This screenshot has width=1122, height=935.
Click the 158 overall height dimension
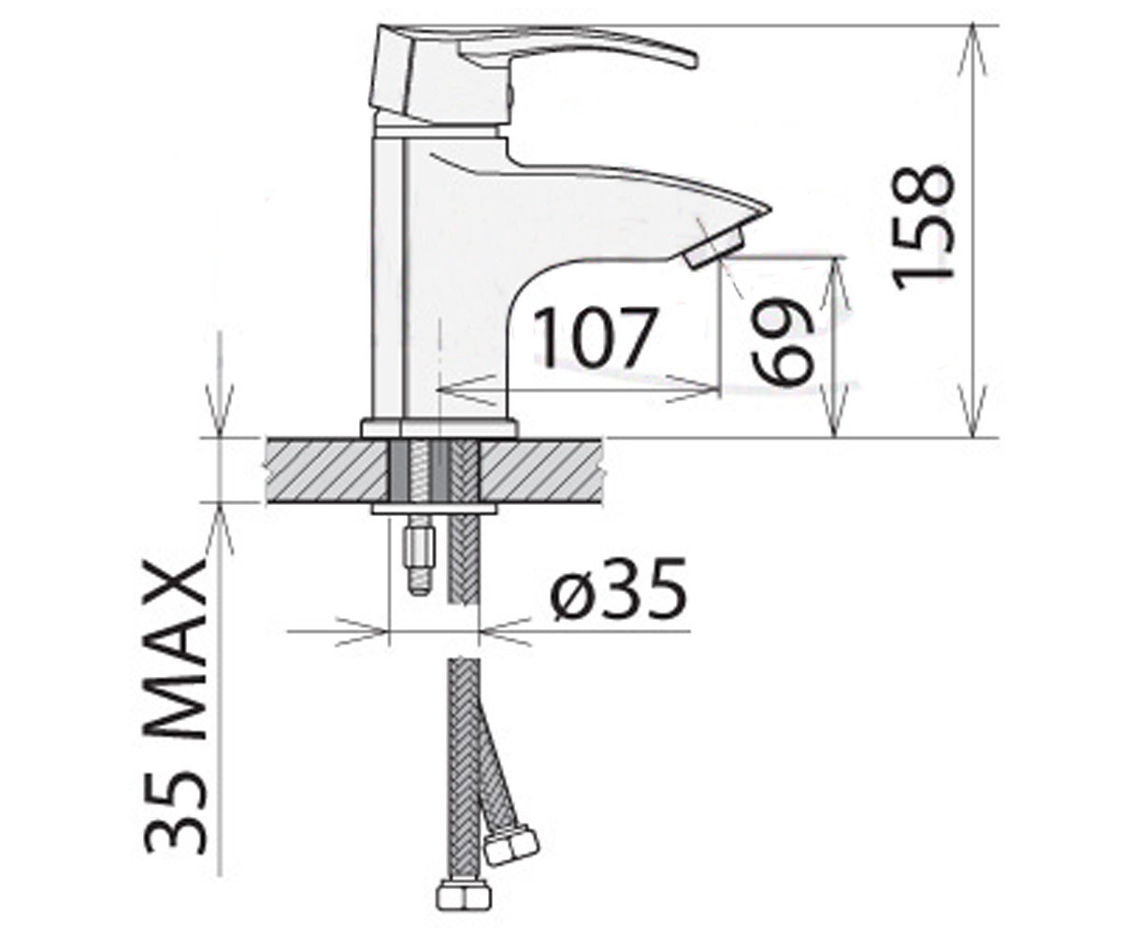click(923, 228)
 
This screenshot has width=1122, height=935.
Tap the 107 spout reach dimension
click(596, 338)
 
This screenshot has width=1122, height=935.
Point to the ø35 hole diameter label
click(618, 588)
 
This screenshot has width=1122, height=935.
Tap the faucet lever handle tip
click(692, 61)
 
